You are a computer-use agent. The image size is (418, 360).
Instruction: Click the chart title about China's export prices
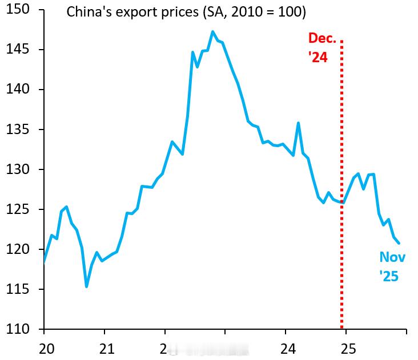tap(186, 11)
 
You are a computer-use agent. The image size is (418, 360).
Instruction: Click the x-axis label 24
tap(288, 347)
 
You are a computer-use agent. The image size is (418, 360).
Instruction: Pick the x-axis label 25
tap(348, 347)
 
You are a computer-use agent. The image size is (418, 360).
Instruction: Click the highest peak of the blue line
tap(212, 32)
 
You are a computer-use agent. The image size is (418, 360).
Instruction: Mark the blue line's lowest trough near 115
tap(86, 286)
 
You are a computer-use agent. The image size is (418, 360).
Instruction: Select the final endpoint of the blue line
tap(398, 243)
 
